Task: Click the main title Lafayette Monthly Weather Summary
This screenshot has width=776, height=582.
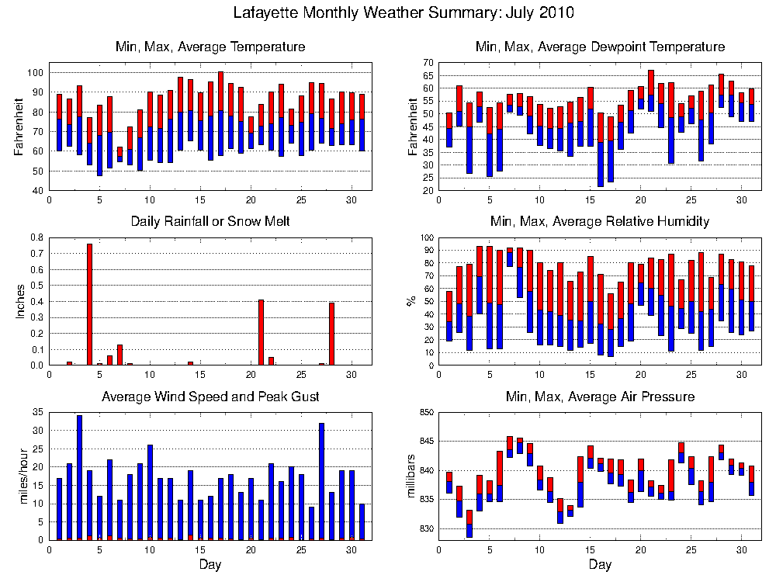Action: tap(404, 13)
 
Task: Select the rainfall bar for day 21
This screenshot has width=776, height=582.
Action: tap(261, 332)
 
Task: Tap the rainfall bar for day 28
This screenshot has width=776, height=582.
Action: tap(331, 334)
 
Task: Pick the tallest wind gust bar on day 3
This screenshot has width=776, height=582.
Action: tap(79, 477)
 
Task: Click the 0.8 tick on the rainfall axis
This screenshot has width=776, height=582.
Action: tap(36, 237)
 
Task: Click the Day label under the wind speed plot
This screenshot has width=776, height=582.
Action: tap(210, 564)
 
